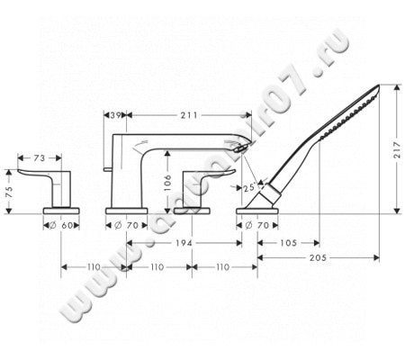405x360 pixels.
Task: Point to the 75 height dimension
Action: click(9, 192)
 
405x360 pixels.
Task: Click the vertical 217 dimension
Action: click(397, 154)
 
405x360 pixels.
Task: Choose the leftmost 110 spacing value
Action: click(94, 268)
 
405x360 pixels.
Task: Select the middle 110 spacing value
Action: click(157, 268)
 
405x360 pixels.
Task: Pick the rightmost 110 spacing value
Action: click(221, 268)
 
